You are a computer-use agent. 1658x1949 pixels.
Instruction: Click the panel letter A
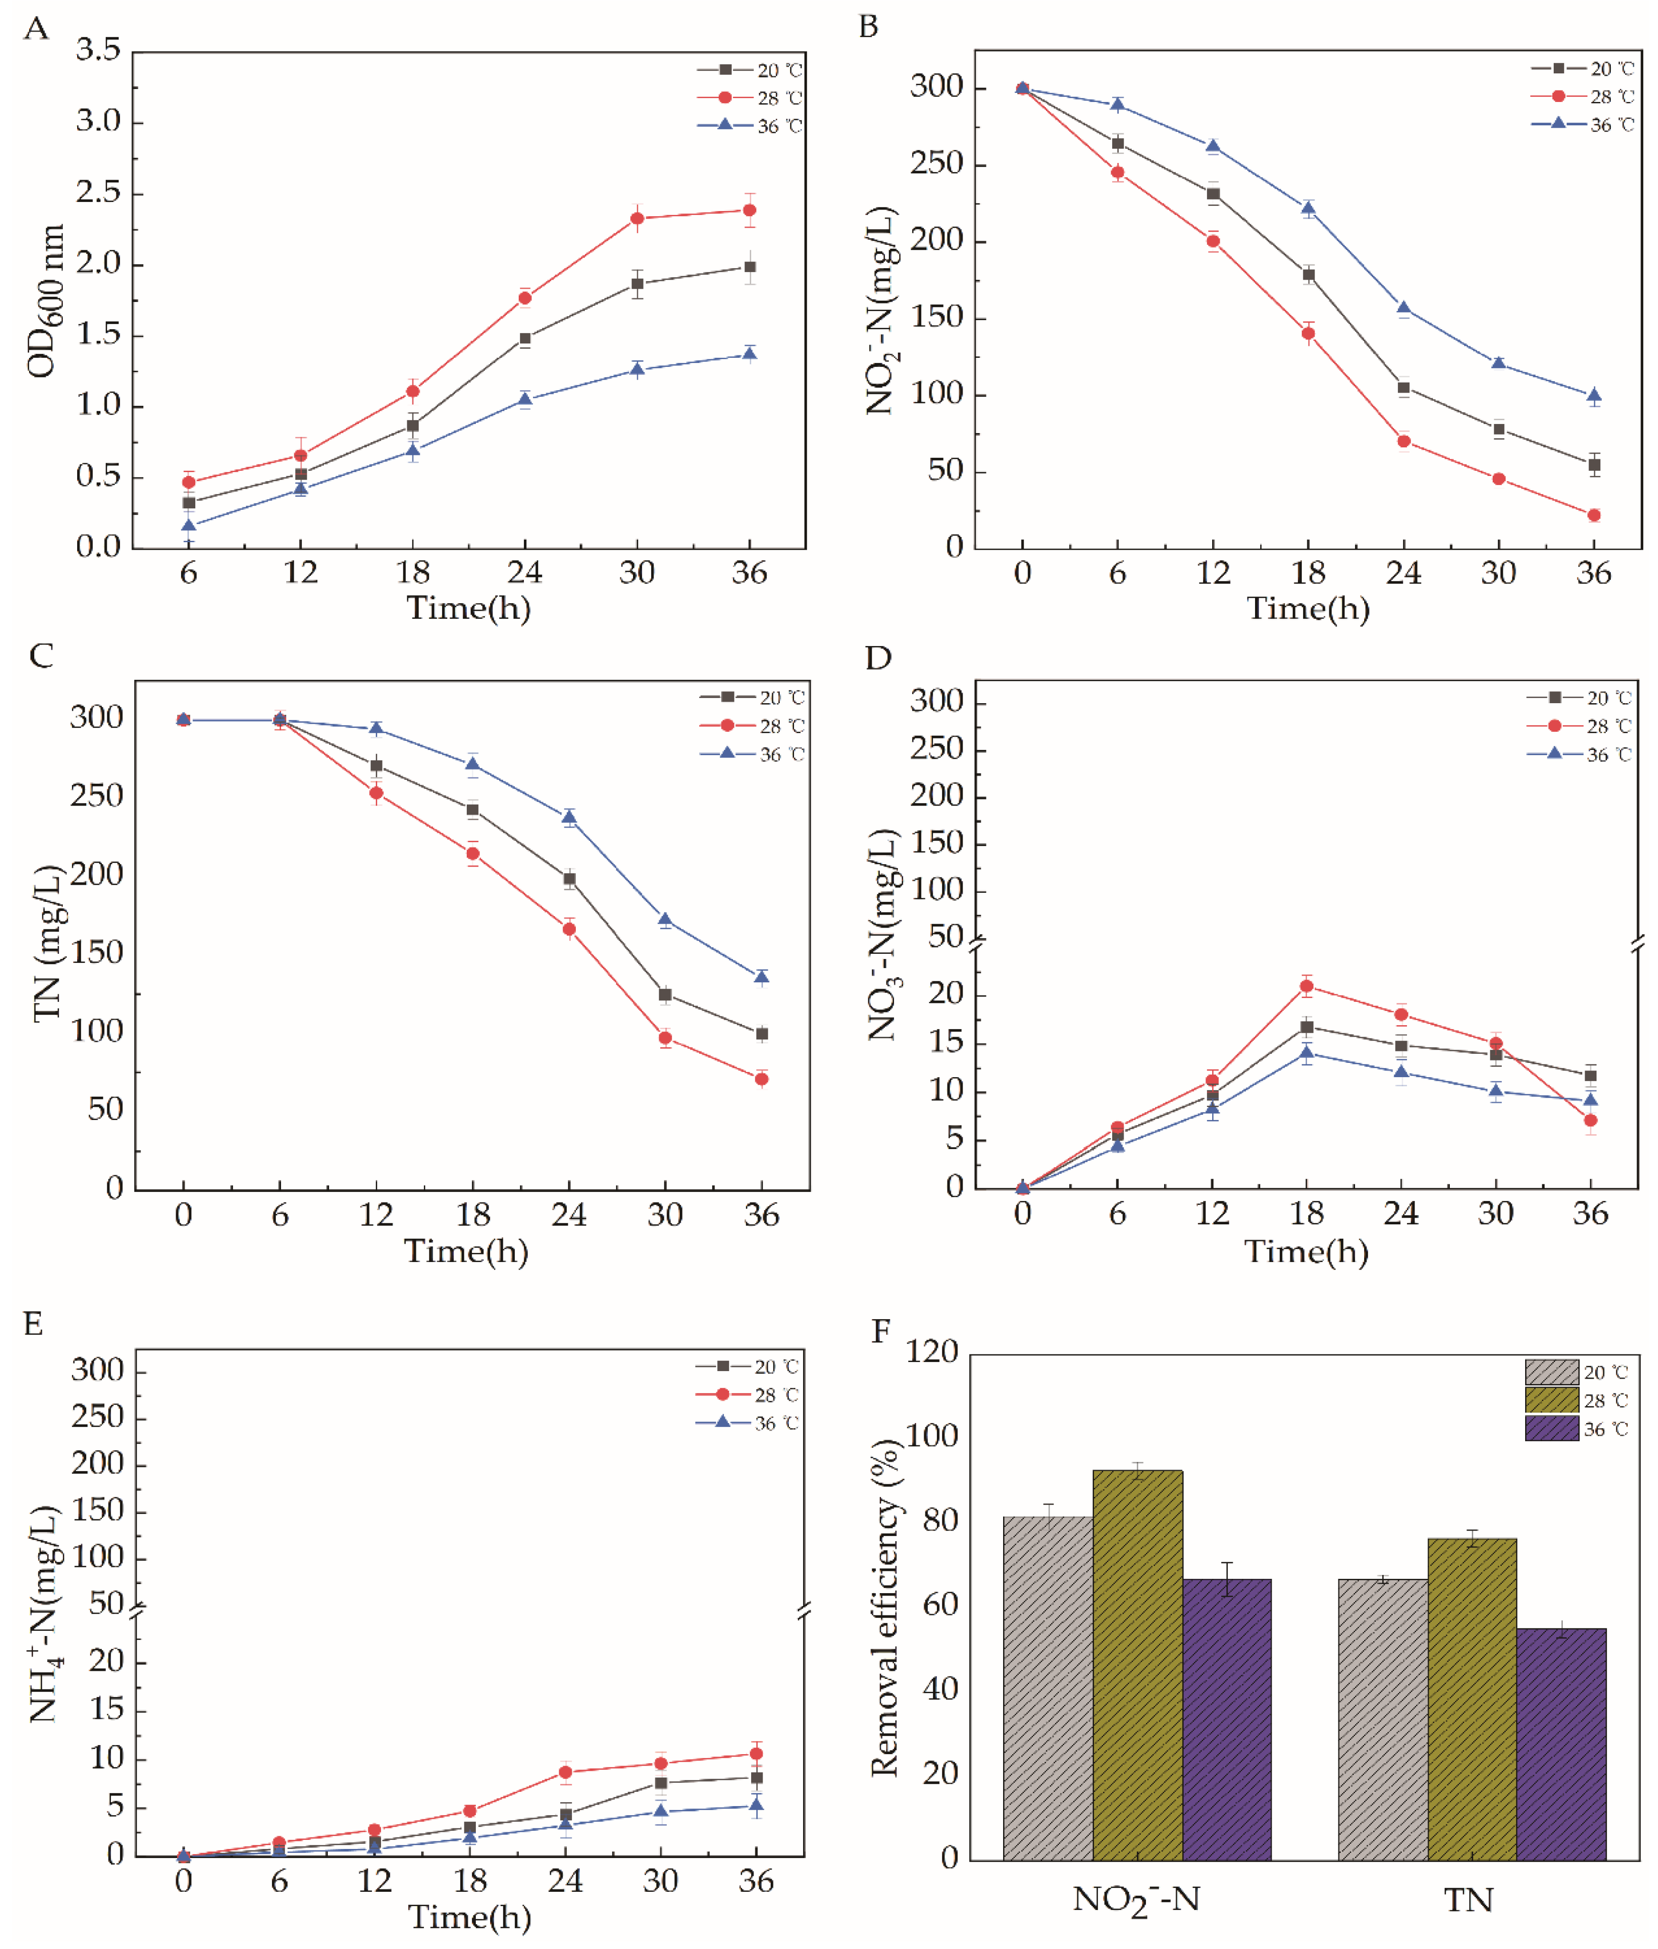tap(36, 29)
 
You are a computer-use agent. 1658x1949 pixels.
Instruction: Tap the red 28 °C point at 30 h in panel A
tap(637, 218)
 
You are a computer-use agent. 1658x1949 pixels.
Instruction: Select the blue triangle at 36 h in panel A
tap(749, 353)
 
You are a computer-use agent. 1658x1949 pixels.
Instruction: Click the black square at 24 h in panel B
tap(1403, 387)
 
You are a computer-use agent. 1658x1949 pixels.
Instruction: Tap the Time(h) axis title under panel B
tap(1307, 608)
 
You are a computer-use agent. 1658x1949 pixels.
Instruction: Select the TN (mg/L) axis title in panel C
tap(47, 943)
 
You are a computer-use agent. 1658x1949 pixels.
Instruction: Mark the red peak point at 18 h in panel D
tap(1306, 986)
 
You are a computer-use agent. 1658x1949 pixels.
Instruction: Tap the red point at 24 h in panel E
tap(565, 1772)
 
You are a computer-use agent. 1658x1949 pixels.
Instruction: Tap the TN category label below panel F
tap(1468, 1900)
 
